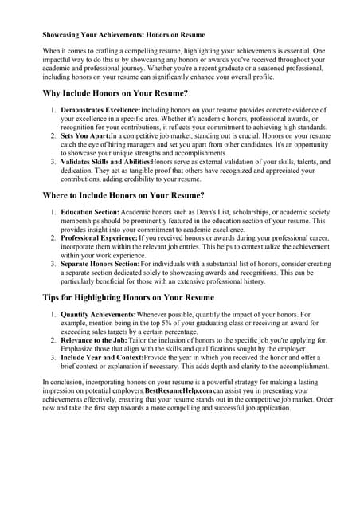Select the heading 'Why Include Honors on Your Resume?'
[115, 94]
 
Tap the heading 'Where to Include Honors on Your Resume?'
[123, 195]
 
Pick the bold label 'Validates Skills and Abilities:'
[106, 163]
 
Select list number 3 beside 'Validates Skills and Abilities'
[53, 163]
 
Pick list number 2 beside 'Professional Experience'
[53, 237]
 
